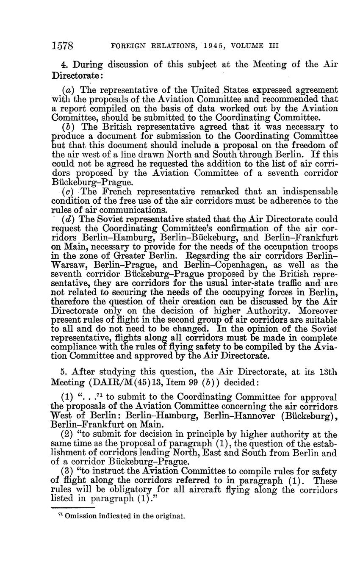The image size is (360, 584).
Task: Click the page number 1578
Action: click(63, 46)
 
